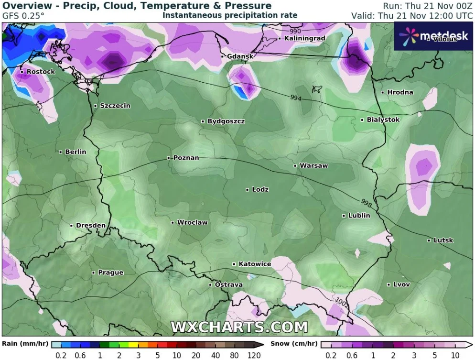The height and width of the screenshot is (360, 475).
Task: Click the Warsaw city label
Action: [x=313, y=166]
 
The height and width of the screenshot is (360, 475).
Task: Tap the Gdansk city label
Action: [x=240, y=56]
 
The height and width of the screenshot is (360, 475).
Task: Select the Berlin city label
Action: [x=76, y=152]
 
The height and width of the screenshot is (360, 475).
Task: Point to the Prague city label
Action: [x=110, y=273]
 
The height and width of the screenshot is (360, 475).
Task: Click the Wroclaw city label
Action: [x=192, y=223]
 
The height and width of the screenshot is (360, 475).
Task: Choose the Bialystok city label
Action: [x=383, y=120]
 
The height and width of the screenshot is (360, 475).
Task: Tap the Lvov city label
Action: [x=401, y=285]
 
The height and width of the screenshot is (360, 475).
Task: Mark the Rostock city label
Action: [x=41, y=72]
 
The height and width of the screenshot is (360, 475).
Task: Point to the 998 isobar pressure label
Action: [x=367, y=202]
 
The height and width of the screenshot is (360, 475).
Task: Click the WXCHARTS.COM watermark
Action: [x=239, y=327]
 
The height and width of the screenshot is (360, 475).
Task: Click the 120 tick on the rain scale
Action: [x=254, y=355]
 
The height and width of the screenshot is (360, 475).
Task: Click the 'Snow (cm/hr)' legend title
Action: [x=294, y=344]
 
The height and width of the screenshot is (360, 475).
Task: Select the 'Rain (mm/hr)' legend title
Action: [x=25, y=344]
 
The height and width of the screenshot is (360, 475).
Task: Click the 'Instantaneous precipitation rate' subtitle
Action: [x=230, y=15]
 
